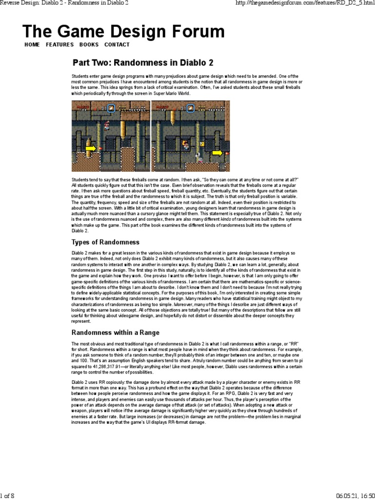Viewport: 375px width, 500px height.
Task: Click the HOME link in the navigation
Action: coord(32,44)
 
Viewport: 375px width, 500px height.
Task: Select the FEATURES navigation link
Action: coord(60,44)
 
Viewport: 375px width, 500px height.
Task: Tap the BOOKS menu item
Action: coord(87,44)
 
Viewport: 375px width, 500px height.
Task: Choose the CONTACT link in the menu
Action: coord(117,44)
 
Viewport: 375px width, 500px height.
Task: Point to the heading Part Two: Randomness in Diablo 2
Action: coord(143,62)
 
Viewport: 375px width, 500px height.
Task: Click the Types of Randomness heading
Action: coord(105,242)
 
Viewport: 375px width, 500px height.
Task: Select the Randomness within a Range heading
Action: coord(115,332)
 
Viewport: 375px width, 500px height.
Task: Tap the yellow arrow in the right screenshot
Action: coord(217,153)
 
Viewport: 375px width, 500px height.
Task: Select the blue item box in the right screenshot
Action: coord(190,108)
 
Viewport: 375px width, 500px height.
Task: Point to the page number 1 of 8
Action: coord(8,496)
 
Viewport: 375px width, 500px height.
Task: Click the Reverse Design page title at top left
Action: coord(64,3)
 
